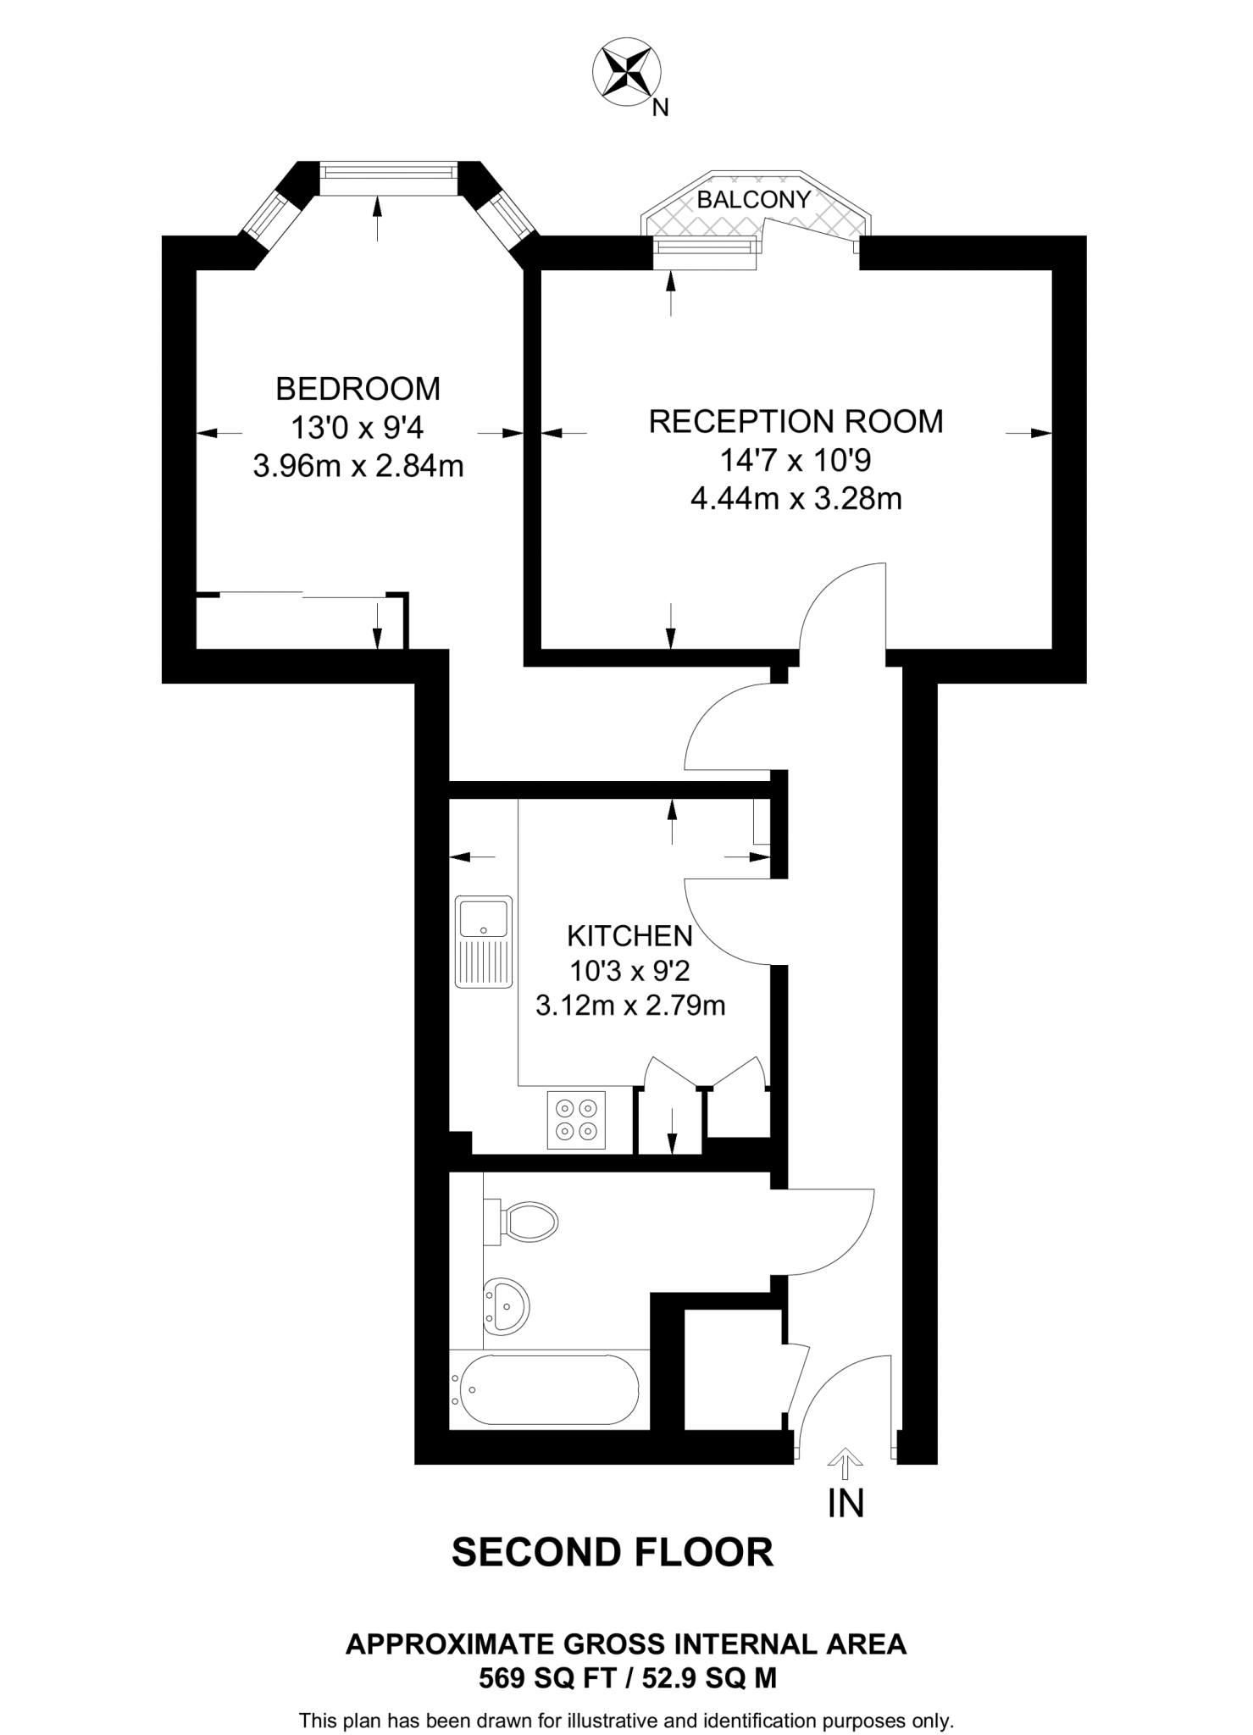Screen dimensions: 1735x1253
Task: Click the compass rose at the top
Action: [628, 75]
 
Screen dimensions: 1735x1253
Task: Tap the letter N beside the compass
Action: [661, 108]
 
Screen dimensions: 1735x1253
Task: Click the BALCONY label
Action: [753, 200]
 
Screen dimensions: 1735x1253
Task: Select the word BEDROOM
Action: [358, 389]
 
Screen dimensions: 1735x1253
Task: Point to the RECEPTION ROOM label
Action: [796, 421]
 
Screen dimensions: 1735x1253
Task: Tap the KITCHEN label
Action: [629, 936]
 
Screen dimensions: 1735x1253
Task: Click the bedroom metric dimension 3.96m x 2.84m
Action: [358, 466]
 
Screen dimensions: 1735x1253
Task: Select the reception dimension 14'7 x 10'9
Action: [796, 460]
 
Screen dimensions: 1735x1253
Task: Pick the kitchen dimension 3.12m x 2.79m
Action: [630, 1006]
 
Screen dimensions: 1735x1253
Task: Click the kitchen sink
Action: [484, 941]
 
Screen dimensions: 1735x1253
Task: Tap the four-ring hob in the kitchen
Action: [576, 1119]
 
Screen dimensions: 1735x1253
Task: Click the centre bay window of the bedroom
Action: [389, 171]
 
